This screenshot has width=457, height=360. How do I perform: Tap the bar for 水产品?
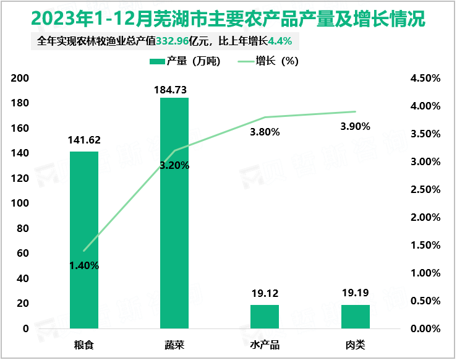tap(265, 316)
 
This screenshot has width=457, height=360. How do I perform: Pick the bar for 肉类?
tap(355, 316)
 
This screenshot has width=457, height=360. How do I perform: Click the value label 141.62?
tap(84, 140)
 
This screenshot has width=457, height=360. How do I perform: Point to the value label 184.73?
tap(174, 90)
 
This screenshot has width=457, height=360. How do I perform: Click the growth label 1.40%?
tap(84, 266)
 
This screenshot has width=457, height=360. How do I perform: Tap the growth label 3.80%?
tap(265, 132)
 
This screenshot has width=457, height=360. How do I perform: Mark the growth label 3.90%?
tap(356, 126)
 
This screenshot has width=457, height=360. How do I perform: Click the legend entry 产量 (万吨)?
tap(185, 61)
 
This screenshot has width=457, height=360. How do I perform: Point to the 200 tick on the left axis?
tap(20, 78)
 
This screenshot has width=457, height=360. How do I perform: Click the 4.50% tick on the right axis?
tap(425, 79)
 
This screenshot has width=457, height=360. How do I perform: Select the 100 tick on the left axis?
tap(20, 204)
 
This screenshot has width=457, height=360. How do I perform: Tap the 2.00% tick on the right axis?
tap(425, 217)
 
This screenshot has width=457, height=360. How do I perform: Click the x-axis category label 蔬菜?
tap(174, 344)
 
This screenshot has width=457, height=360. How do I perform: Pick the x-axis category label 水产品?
tap(265, 344)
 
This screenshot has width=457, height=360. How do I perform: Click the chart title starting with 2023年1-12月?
tap(228, 19)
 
